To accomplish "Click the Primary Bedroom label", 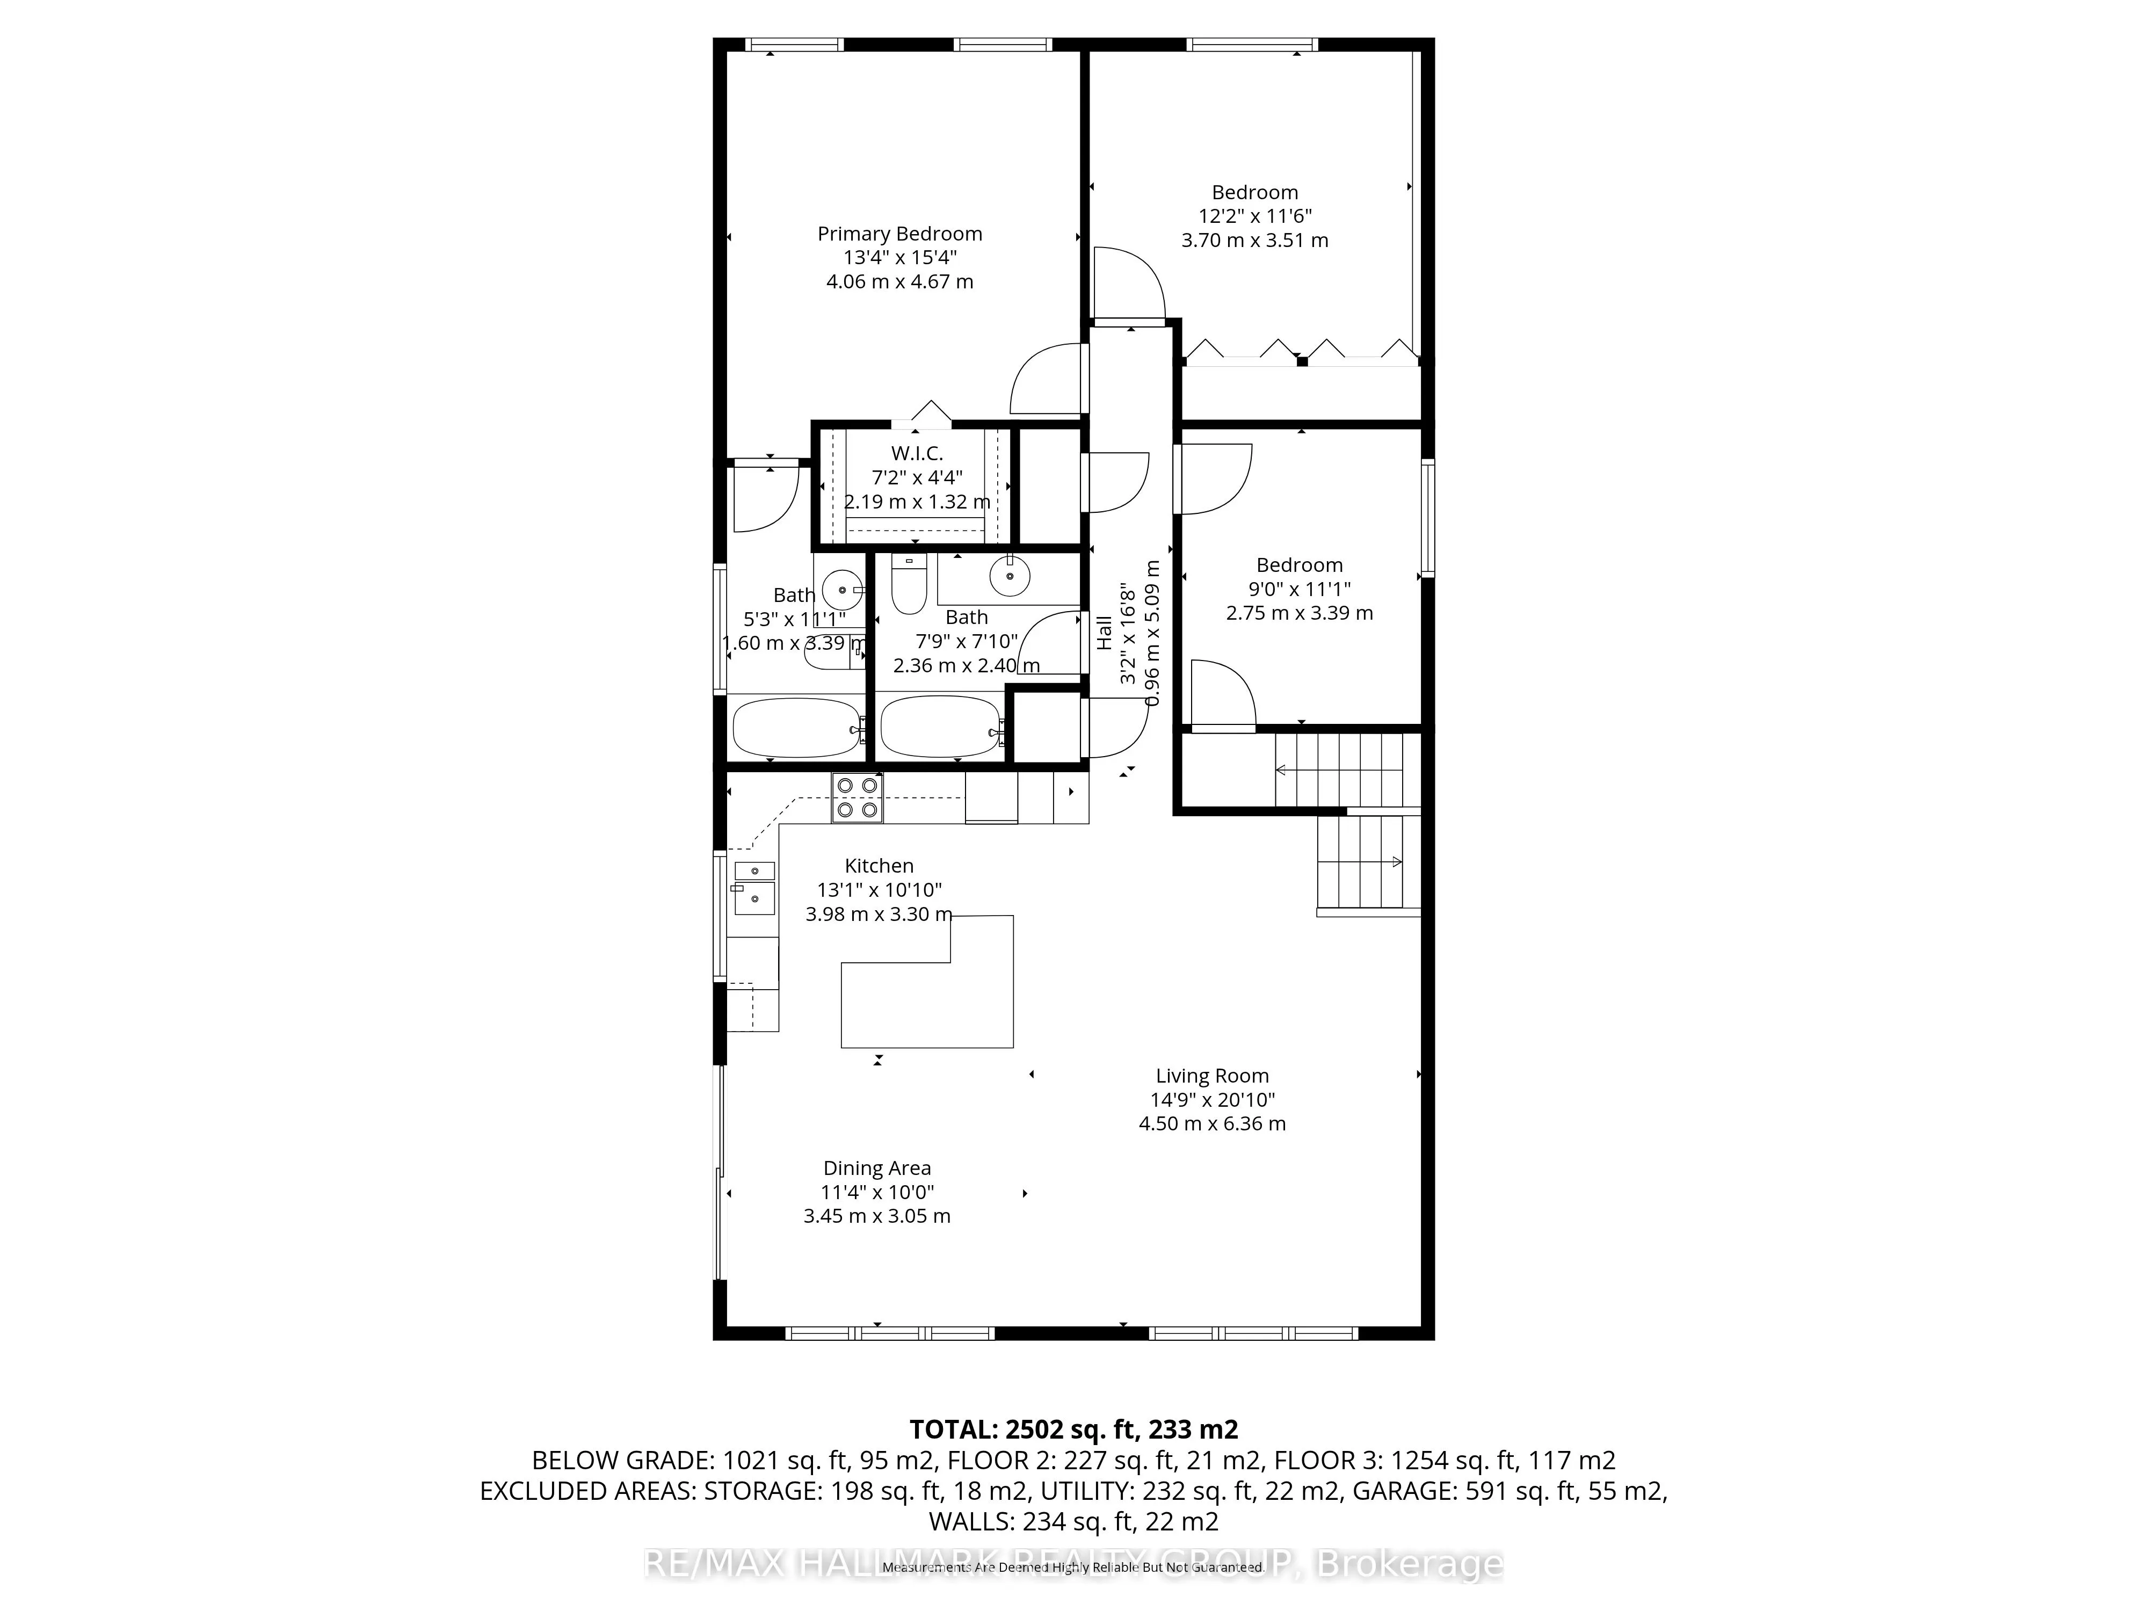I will pyautogui.click(x=899, y=234).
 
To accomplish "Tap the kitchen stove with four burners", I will pyautogui.click(x=857, y=797).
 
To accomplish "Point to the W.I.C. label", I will pyautogui.click(x=917, y=453).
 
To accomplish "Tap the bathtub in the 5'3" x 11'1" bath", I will pyautogui.click(x=795, y=728).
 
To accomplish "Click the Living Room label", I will pyautogui.click(x=1212, y=1076).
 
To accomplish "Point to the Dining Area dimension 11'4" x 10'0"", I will pyautogui.click(x=877, y=1193).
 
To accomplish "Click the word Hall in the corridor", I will pyautogui.click(x=1104, y=633).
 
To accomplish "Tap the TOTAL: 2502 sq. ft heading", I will pyautogui.click(x=1073, y=1429).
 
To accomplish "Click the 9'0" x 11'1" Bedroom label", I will pyautogui.click(x=1300, y=565).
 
